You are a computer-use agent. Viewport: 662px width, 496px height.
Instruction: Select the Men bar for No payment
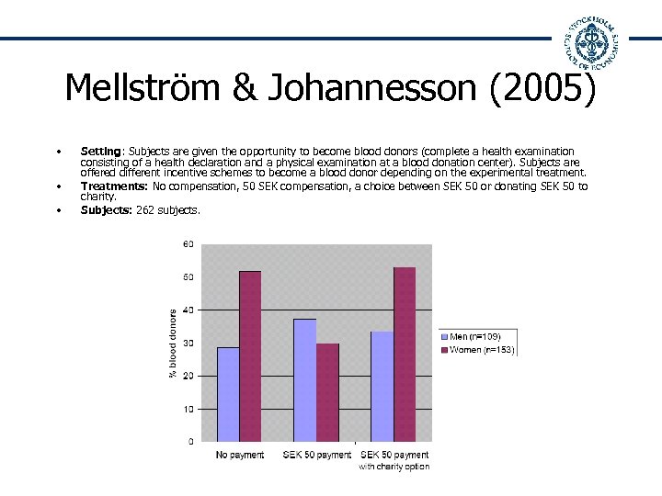228,394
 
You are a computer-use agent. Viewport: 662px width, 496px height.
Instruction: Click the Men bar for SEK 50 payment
304,379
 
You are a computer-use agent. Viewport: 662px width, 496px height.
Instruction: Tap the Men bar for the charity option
382,386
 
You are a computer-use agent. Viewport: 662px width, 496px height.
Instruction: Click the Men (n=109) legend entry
475,337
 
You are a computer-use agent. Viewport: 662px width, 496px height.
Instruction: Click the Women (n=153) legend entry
481,350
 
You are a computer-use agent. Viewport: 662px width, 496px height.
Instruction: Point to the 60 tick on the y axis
188,244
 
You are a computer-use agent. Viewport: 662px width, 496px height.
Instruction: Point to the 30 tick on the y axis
188,343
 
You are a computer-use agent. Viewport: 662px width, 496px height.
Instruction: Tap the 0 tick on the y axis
190,442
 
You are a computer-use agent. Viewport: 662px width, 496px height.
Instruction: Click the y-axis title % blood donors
173,343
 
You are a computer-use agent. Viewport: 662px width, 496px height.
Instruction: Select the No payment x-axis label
239,455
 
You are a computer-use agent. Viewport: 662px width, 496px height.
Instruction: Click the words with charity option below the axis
394,467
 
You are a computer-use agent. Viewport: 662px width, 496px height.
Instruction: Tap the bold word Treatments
115,186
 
